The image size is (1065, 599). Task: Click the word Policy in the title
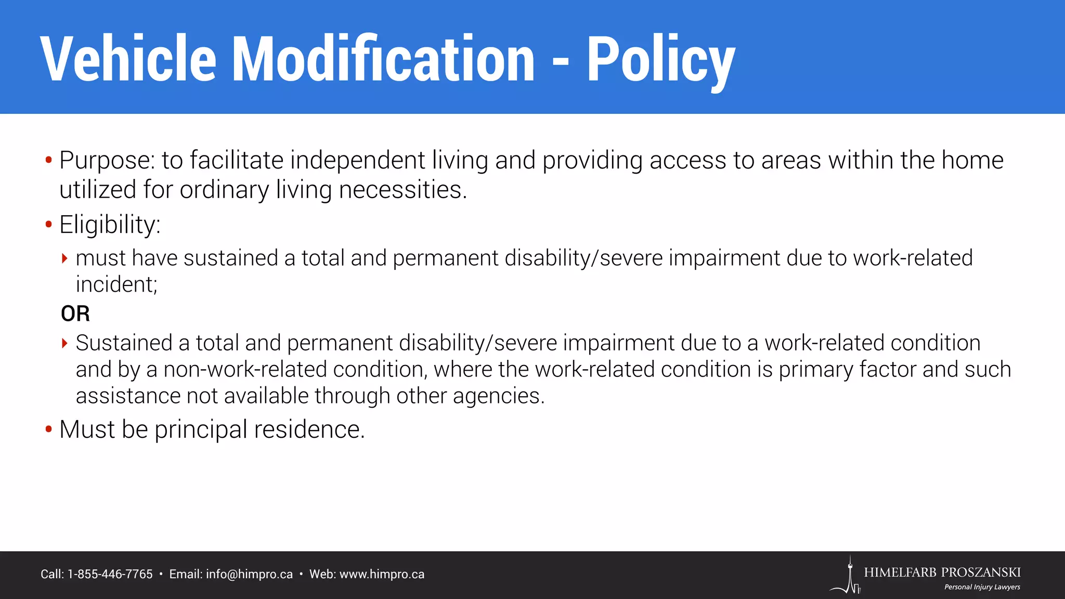(660, 60)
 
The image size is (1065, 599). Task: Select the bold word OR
(75, 314)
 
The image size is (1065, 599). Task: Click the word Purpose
(107, 161)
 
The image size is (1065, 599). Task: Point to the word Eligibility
(110, 225)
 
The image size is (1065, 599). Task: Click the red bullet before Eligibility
(49, 225)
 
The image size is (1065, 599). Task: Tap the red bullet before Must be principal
(49, 429)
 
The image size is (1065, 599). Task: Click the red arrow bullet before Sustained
(64, 343)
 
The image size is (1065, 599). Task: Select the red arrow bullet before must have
(64, 258)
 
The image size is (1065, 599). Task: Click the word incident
(116, 284)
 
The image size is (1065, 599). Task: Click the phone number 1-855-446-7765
(110, 575)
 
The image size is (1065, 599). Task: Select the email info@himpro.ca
(249, 575)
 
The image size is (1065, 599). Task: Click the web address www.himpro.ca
(382, 575)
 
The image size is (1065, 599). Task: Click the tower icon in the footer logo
(850, 576)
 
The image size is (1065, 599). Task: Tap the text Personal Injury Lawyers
(982, 587)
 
